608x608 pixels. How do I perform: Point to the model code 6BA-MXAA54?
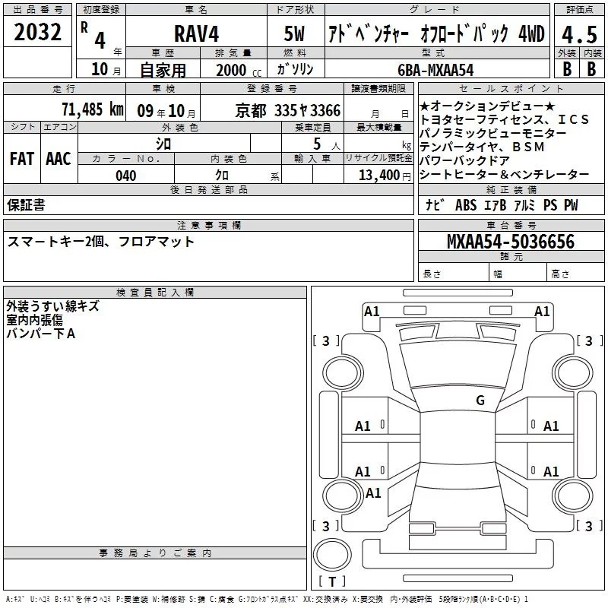pos(435,68)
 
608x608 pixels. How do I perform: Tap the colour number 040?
pos(125,176)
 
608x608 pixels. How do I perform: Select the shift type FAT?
pos(21,159)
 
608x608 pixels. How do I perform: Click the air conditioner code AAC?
pos(59,159)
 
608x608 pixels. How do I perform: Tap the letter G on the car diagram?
pos(480,401)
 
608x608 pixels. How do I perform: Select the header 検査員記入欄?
pos(155,293)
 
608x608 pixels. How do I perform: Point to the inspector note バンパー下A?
pos(41,334)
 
